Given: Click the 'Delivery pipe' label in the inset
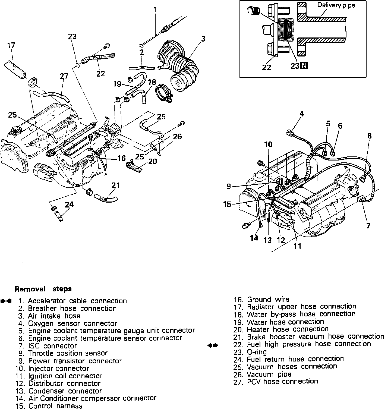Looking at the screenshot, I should pos(336,5).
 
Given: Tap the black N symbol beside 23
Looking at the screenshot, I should pos(304,65).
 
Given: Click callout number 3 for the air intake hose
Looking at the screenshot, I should pos(203,39).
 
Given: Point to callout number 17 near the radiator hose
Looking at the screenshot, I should pos(11,45).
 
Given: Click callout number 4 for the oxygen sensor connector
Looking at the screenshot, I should pos(301,114).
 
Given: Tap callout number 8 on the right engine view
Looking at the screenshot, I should pos(369,136).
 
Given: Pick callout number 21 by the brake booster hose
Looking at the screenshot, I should pos(116,185).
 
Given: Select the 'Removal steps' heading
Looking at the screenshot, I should pos(43,289).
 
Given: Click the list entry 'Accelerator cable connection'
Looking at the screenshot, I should pos(77,301).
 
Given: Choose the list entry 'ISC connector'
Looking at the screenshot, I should pos(52,346).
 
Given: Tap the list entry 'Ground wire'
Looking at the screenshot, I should pos(268,299).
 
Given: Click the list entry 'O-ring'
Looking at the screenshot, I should pos(257,352).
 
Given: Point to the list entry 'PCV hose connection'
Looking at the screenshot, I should pos(282,382).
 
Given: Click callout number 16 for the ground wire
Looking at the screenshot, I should pos(122,158).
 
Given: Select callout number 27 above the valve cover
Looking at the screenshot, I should pos(64,76).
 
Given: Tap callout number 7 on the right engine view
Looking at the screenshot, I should pos(368,225).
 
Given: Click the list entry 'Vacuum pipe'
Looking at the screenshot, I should pos(269,374).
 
